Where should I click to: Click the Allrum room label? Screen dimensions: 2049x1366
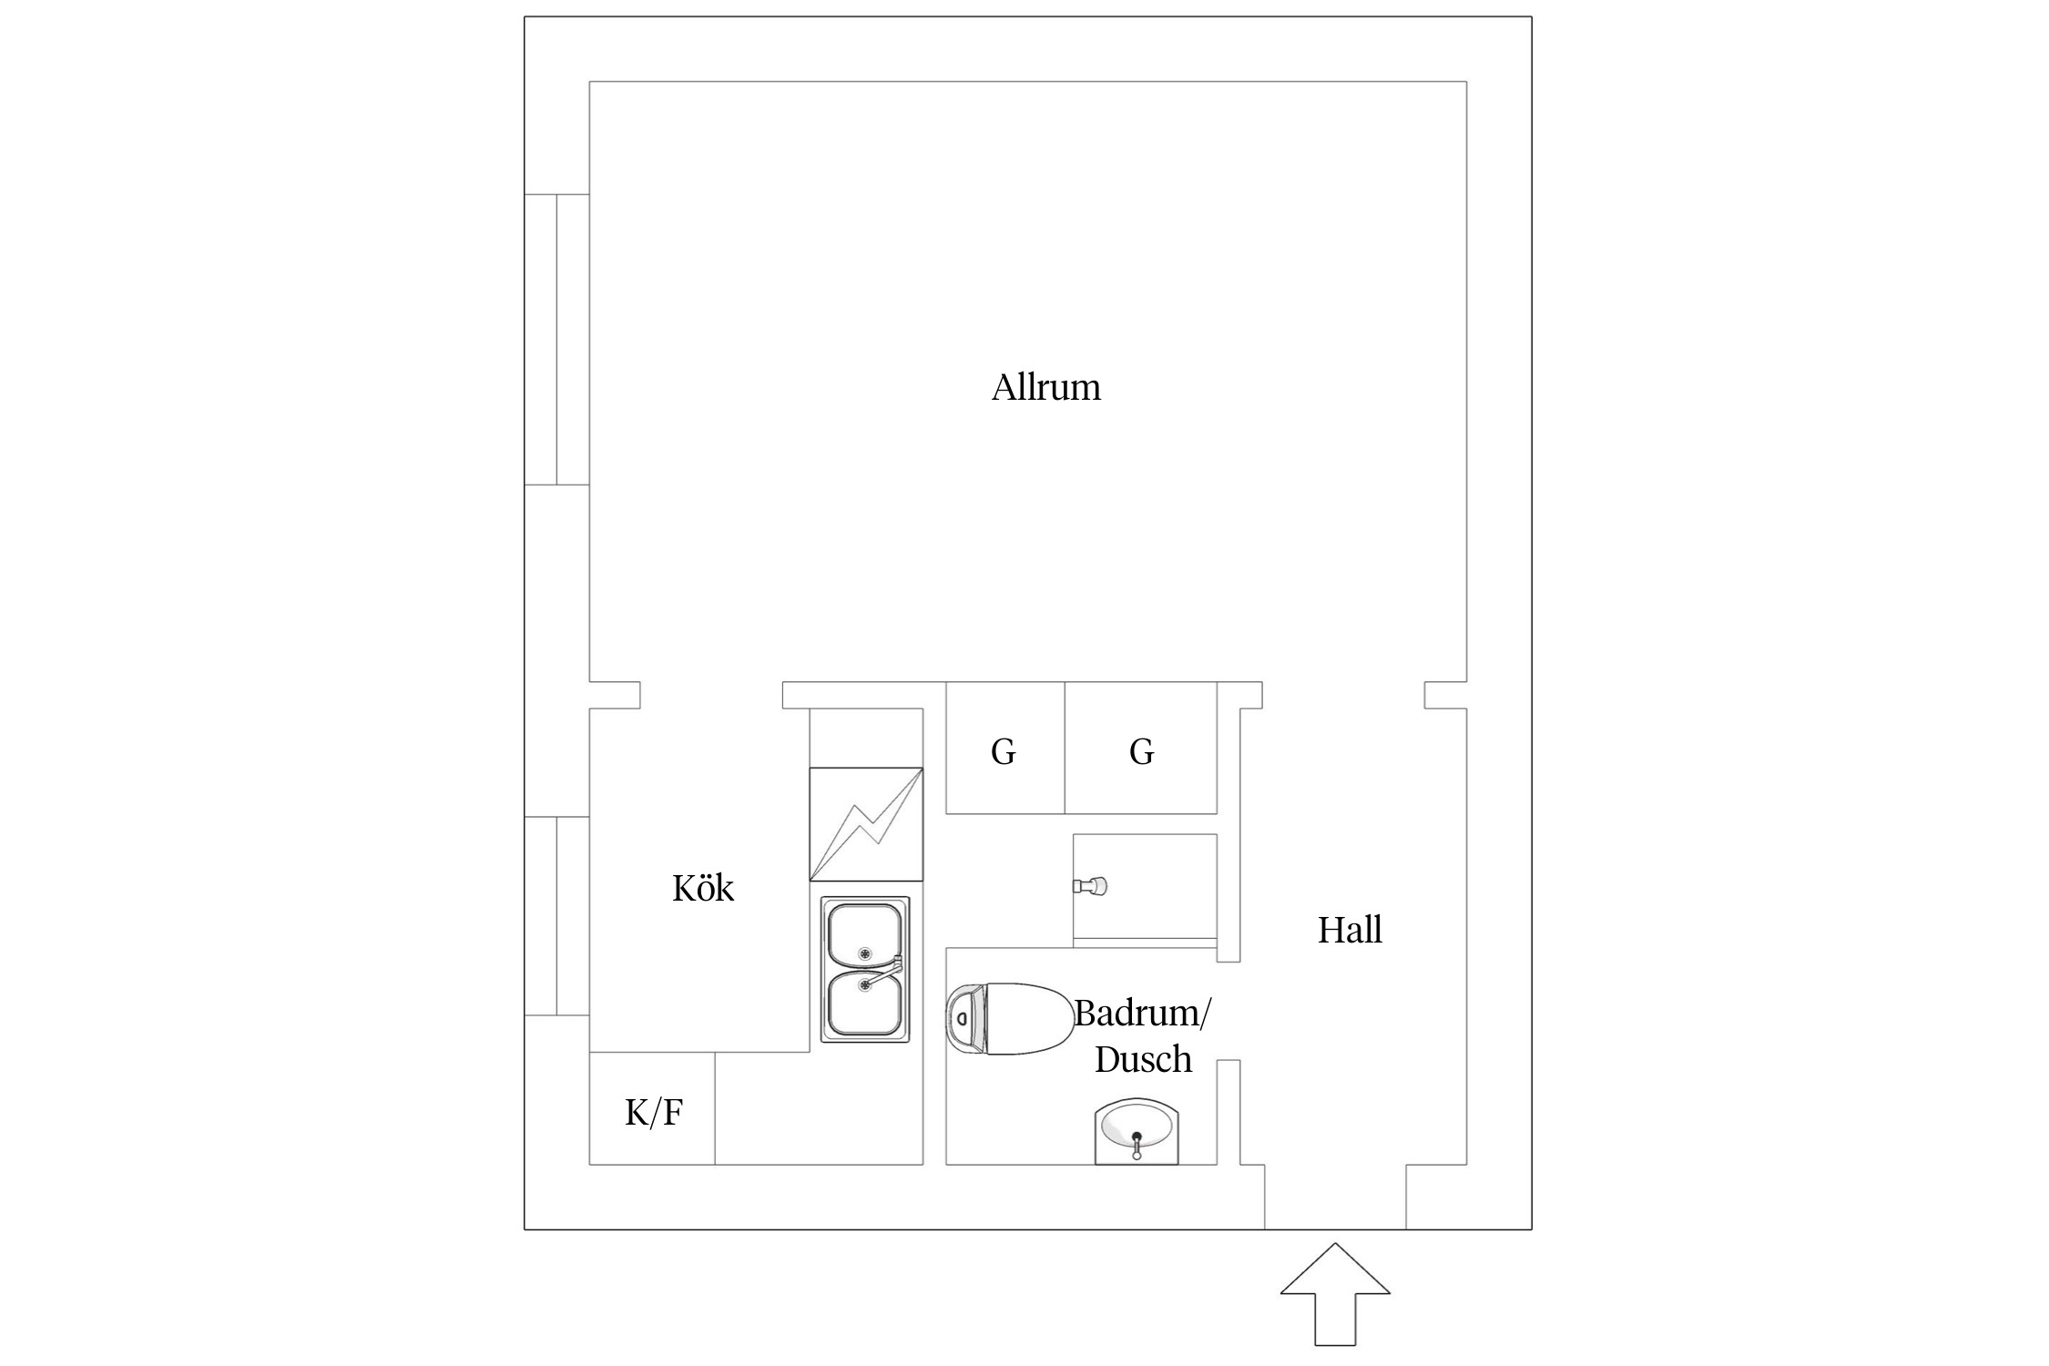pos(1045,388)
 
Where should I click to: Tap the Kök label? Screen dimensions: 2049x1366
pos(703,888)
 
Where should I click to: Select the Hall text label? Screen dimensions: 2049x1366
pos(1350,930)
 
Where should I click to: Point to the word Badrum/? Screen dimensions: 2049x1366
pos(1143,1013)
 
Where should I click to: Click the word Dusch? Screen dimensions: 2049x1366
pos(1143,1059)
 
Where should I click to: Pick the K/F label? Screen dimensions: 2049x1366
pos(654,1112)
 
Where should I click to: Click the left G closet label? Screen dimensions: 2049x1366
pos(1003,751)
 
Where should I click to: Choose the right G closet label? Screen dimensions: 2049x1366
pos(1141,751)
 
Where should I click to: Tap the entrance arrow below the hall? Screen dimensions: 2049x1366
pos(1335,1293)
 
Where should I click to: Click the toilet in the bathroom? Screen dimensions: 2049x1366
pos(1009,1019)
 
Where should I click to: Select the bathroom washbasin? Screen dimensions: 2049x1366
pos(1137,1131)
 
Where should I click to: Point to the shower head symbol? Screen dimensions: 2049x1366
pos(1090,884)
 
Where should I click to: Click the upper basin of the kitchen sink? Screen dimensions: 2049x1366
pos(864,935)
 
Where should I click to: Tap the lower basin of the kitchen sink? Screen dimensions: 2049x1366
pos(864,1004)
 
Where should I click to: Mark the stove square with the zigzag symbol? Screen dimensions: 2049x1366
pos(866,824)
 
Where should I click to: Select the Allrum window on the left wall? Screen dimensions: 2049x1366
pos(556,339)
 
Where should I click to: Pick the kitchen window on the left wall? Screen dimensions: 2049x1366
pos(556,915)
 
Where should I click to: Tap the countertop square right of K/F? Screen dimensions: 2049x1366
pos(819,1108)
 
